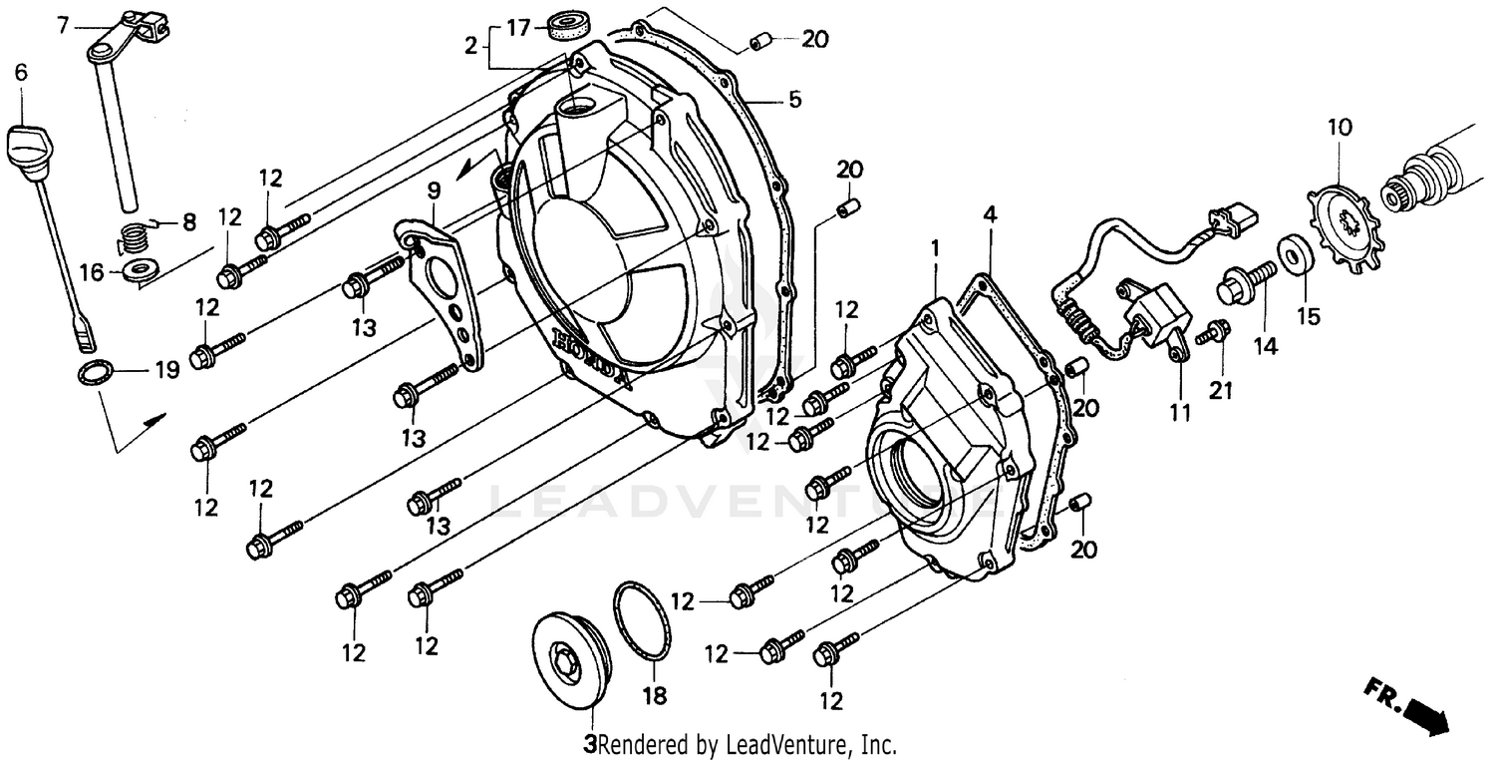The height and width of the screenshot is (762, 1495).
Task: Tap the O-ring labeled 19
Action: point(94,375)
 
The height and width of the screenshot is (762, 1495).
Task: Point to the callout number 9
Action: point(434,189)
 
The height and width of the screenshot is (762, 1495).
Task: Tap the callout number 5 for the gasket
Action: point(794,100)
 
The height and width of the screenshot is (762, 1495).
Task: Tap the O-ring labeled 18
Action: point(642,621)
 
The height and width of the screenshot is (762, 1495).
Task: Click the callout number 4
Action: point(989,213)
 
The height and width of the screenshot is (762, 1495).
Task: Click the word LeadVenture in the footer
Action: point(786,744)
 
